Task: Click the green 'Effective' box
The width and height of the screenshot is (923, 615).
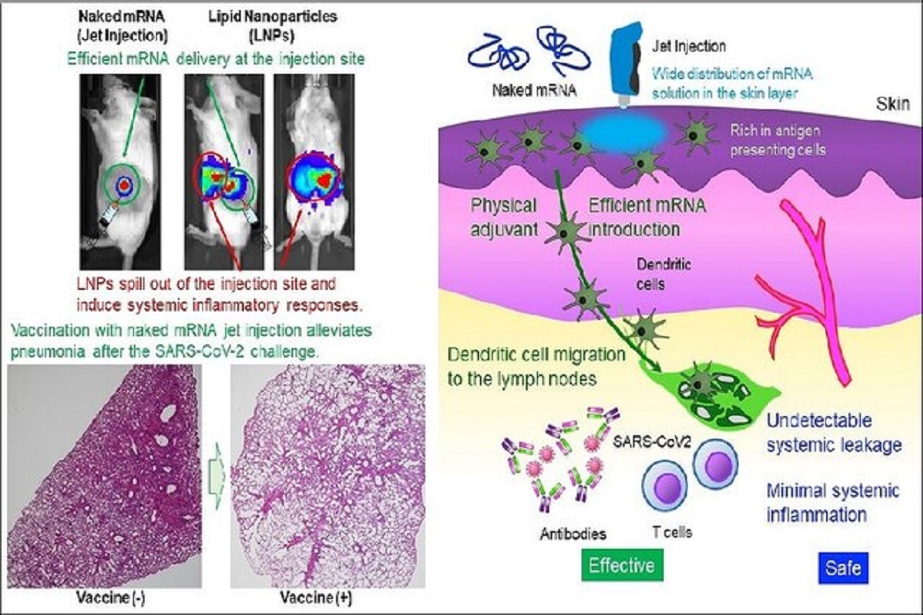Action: (x=622, y=565)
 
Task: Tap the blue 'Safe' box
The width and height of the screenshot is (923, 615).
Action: (x=843, y=568)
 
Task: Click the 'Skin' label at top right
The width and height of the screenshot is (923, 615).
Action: (x=893, y=104)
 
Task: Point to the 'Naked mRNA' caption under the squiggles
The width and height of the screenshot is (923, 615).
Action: (x=535, y=90)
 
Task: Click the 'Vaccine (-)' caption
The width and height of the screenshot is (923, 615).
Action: (x=111, y=597)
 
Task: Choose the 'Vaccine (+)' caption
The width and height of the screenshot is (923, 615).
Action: (x=316, y=597)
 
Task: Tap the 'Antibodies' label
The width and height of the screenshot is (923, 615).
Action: (x=573, y=534)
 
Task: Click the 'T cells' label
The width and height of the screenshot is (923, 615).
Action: (x=672, y=532)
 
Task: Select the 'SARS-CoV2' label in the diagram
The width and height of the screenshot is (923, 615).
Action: (x=652, y=441)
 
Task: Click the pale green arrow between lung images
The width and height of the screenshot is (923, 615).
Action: (x=217, y=475)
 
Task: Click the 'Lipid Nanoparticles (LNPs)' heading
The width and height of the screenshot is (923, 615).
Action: (x=272, y=26)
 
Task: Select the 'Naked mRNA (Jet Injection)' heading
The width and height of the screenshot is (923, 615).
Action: (x=123, y=26)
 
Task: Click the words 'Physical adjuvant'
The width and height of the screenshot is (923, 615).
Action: (x=504, y=217)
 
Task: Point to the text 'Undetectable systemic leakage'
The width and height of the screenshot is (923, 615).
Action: (x=834, y=433)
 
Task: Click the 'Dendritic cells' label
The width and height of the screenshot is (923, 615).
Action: (x=663, y=274)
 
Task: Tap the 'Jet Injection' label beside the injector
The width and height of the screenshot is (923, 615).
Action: (x=688, y=45)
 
